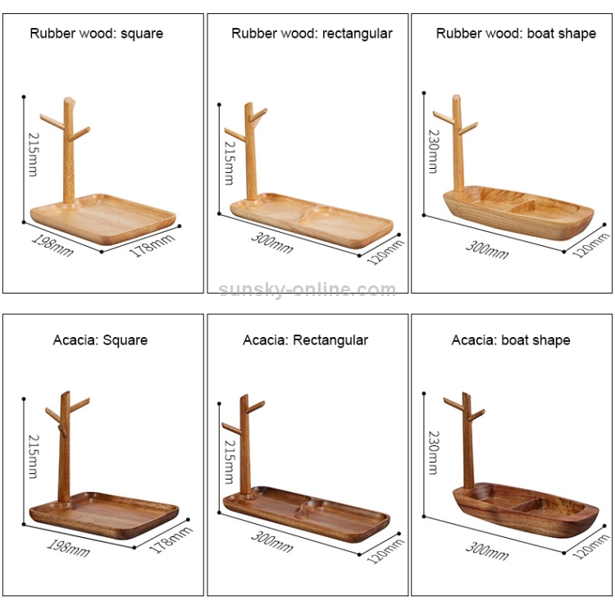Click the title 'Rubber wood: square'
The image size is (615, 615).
pyautogui.click(x=97, y=34)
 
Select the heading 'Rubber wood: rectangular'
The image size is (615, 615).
pyautogui.click(x=312, y=34)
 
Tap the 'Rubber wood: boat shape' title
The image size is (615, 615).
pyautogui.click(x=516, y=34)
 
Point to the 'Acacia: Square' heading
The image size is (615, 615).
pyautogui.click(x=100, y=340)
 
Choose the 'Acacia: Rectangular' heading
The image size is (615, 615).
pyautogui.click(x=306, y=340)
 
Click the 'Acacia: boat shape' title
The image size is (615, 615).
pyautogui.click(x=511, y=340)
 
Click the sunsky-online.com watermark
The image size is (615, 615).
pyautogui.click(x=307, y=289)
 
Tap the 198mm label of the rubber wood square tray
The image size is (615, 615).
pyautogui.click(x=52, y=245)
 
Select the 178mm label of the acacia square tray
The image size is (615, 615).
pyautogui.click(x=171, y=540)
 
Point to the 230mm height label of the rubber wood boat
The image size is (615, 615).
pyautogui.click(x=434, y=152)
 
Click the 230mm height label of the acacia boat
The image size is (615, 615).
pyautogui.click(x=434, y=453)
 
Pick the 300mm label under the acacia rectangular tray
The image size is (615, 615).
pyautogui.click(x=271, y=542)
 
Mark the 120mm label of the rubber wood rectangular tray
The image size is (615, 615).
pyautogui.click(x=385, y=253)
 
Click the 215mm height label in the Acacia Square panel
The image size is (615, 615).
pyautogui.click(x=34, y=457)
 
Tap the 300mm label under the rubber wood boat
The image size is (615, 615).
pyautogui.click(x=487, y=249)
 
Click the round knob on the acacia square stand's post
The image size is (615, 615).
pyautogui.click(x=62, y=430)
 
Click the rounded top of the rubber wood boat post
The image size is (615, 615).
pyautogui.click(x=456, y=98)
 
